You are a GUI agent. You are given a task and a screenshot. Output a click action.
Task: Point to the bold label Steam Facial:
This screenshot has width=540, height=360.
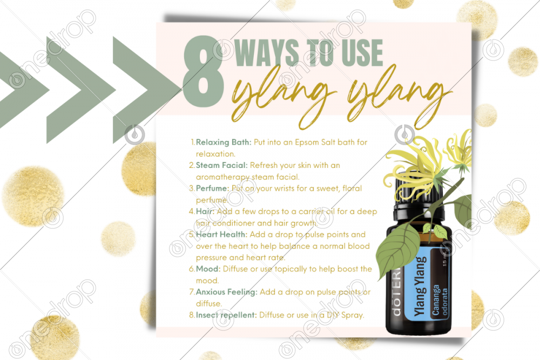pyautogui.click(x=222, y=165)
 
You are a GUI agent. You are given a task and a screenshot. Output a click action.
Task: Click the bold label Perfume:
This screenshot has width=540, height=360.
pyautogui.click(x=212, y=188)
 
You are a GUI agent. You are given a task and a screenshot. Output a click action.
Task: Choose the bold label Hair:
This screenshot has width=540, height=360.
pyautogui.click(x=205, y=212)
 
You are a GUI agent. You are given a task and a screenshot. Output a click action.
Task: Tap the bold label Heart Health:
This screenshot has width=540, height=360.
pyautogui.click(x=221, y=234)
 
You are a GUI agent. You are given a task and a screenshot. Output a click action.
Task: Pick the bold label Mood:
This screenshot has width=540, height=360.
pyautogui.click(x=208, y=269)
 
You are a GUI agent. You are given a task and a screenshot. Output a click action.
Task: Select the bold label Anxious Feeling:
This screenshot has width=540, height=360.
pyautogui.click(x=227, y=292)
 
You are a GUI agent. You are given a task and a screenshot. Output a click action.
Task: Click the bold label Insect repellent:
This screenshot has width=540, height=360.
pyautogui.click(x=226, y=315)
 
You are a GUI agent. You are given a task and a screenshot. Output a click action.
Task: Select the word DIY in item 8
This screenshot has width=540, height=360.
pyautogui.click(x=333, y=315)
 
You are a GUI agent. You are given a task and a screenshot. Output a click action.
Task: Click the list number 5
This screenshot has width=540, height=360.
pyautogui.click(x=192, y=235)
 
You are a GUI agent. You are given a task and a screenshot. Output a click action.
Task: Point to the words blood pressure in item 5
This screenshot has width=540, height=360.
pyautogui.click(x=283, y=252)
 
